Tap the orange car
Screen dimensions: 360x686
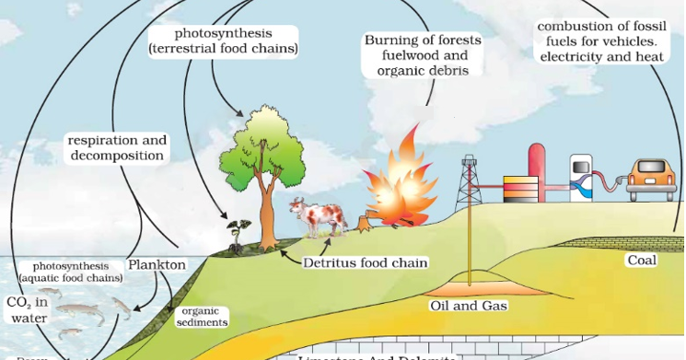click(x=651, y=178)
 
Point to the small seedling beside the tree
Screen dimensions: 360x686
click(x=236, y=232)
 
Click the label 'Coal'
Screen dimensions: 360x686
click(x=642, y=261)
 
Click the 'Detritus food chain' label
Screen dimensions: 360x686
click(x=366, y=262)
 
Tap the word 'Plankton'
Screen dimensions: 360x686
click(x=157, y=265)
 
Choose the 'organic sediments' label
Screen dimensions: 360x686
click(x=201, y=317)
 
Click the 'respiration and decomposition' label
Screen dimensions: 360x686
click(x=118, y=148)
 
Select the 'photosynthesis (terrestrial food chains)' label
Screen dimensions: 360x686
click(x=224, y=41)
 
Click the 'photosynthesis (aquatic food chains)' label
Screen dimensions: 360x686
click(x=70, y=272)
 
